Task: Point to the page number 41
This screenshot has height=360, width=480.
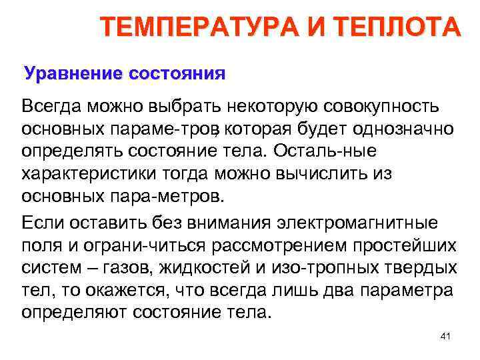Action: point(446,337)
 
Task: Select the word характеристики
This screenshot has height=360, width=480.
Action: point(89,175)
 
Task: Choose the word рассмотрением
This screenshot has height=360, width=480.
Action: point(273,245)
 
